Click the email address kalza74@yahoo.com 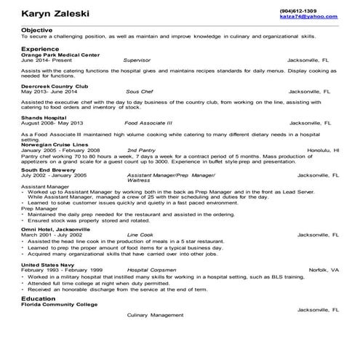[x=308, y=17]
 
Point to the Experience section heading [x=41, y=48]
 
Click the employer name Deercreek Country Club [x=55, y=87]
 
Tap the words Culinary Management [x=156, y=315]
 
